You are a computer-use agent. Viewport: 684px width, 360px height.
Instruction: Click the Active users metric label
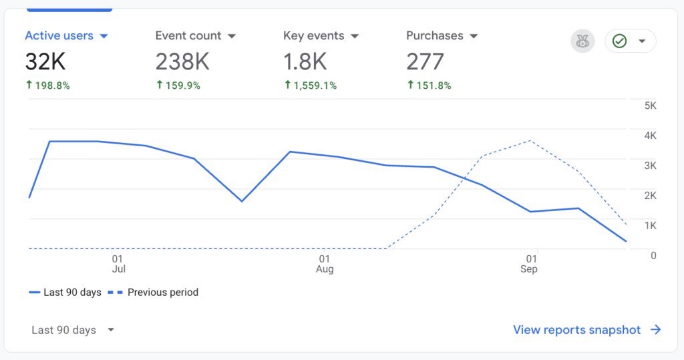[59, 36]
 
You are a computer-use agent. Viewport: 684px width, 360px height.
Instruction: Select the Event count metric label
[188, 36]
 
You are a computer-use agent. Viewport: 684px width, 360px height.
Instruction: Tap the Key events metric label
[313, 36]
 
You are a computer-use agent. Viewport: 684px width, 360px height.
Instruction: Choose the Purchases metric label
[435, 36]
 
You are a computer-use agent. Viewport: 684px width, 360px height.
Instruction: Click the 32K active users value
[45, 61]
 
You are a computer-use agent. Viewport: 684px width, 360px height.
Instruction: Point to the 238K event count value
[182, 61]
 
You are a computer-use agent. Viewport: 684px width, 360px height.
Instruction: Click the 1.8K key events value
[305, 61]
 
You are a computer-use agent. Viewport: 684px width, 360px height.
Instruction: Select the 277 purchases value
[425, 61]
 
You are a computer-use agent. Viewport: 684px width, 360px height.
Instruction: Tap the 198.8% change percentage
[47, 85]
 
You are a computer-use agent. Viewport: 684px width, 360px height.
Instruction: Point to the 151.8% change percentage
[429, 85]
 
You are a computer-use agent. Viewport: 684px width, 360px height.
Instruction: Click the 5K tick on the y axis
[650, 106]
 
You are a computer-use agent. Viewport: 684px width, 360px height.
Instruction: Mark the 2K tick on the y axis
[650, 195]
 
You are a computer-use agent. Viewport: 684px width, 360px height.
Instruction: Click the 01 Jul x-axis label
[118, 264]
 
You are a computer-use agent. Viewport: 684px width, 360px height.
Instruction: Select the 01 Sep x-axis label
[528, 264]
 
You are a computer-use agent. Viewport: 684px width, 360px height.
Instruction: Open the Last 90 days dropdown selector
[73, 330]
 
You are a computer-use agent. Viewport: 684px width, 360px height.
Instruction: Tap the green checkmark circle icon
[620, 41]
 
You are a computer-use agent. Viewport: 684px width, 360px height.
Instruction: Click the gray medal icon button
[582, 41]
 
